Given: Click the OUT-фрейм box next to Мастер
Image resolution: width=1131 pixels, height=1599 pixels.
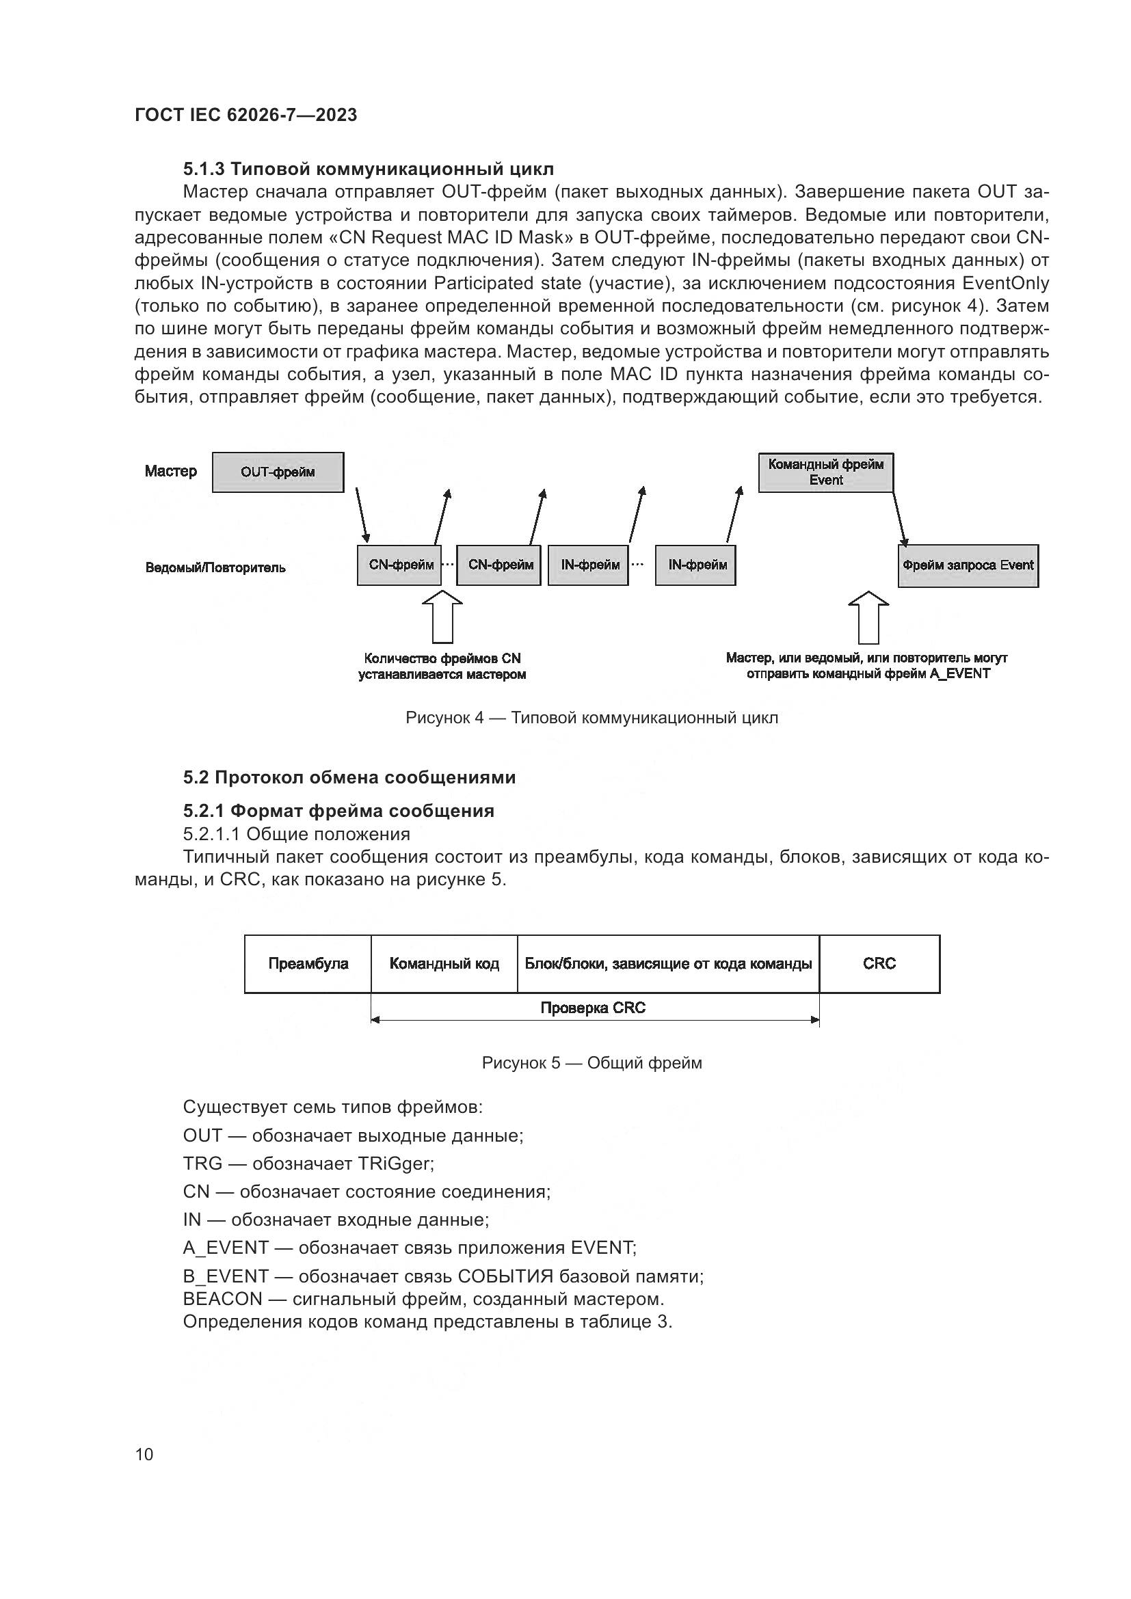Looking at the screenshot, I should tap(277, 472).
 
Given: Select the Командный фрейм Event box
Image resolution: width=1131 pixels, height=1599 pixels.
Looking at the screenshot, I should tap(825, 472).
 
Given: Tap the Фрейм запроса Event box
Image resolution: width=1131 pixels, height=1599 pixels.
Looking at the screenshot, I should tap(968, 565).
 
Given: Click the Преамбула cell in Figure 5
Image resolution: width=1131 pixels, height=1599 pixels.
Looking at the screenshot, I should tap(308, 964).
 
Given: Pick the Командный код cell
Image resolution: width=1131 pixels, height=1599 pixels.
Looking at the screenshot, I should tap(444, 964).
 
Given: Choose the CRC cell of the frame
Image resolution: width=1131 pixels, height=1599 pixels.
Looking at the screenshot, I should tap(879, 964).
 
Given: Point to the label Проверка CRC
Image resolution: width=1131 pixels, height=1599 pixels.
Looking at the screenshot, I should tap(594, 1008).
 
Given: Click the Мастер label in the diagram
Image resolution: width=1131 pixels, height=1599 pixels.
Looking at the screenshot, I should tap(171, 472).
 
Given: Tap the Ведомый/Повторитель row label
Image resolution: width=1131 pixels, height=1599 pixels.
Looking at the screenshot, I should tap(215, 567).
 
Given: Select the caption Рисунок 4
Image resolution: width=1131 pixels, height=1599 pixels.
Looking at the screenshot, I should tap(591, 718).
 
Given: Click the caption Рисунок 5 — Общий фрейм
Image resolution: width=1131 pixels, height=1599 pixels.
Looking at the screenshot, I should tap(591, 1064).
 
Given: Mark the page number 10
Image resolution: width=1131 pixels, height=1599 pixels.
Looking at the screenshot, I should tap(144, 1454).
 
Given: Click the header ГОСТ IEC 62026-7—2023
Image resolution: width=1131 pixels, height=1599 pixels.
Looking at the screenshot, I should tap(245, 115).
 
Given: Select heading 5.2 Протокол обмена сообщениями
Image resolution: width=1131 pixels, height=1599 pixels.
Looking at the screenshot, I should tap(349, 777).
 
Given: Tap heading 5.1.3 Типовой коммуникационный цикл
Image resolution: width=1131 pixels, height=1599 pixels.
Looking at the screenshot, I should tap(369, 170).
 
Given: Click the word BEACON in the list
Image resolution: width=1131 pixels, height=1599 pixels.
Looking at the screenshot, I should tap(222, 1299).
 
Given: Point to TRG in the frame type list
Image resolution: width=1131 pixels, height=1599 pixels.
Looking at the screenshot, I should tap(202, 1163).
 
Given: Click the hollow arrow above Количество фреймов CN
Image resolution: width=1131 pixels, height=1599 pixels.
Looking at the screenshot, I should tap(442, 617).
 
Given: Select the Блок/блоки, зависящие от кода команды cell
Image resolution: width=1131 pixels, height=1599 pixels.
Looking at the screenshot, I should tap(668, 964).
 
